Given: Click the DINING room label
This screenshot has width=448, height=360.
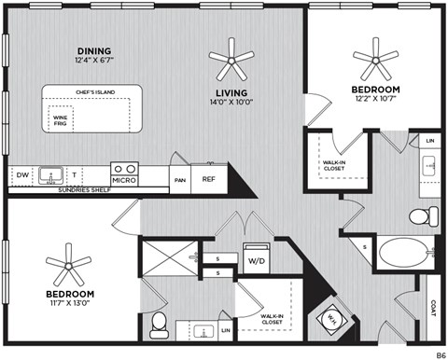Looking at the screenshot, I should coord(93,50).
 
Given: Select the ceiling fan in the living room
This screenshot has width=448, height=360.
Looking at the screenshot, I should coord(231,61).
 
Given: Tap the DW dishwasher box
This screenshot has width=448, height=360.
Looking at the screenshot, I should coord(21,175).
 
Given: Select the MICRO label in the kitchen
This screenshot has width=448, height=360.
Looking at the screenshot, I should coord(123,179).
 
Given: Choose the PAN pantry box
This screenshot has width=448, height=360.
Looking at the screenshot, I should coord(180,179).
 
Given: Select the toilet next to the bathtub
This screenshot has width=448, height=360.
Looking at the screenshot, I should coord(420,216).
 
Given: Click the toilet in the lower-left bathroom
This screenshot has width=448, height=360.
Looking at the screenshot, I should coord(159,323).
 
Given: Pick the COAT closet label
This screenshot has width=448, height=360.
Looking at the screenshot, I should coord(432,309).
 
